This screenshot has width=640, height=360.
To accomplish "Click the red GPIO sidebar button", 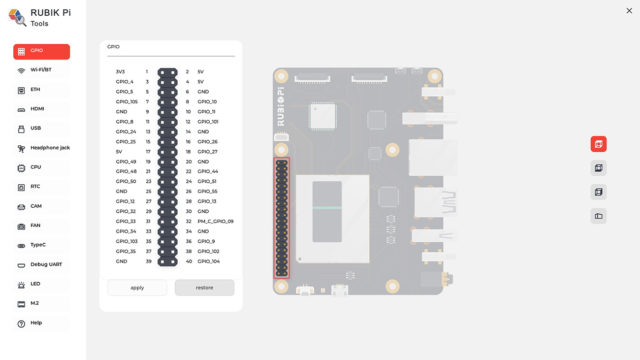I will (x=42, y=51).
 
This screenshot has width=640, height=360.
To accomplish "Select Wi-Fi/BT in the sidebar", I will (x=42, y=70).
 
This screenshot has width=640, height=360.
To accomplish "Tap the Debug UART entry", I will (x=42, y=265).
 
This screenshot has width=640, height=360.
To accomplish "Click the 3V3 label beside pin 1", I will (x=120, y=72).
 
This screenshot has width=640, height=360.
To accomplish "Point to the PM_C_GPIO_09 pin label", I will (x=215, y=221).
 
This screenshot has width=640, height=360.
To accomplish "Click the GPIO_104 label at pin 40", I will (x=208, y=261).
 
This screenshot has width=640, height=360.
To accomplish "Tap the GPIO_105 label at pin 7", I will (x=127, y=101).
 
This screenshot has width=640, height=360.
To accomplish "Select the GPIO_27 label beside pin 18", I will (x=207, y=151).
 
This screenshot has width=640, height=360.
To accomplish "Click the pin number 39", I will (x=147, y=261).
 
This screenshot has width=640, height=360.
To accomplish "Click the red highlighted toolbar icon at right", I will (x=599, y=144).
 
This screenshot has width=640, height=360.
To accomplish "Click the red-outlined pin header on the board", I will (x=282, y=217).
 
